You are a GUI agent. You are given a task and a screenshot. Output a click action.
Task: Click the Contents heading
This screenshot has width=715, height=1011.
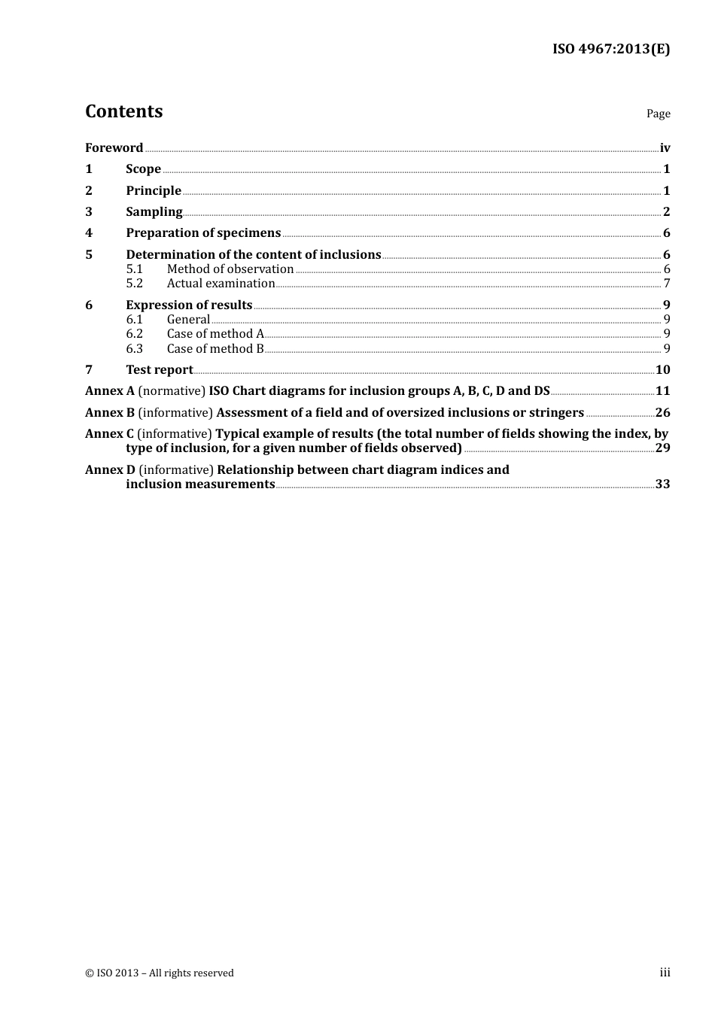(x=123, y=111)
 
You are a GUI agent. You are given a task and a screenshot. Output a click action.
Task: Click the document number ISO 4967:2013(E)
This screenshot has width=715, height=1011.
(x=610, y=49)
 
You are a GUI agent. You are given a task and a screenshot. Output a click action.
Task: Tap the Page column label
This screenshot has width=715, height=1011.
(x=658, y=114)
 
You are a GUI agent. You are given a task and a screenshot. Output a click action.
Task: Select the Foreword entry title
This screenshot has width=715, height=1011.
(x=114, y=147)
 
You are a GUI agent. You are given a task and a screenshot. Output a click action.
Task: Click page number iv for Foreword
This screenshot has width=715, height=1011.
(x=665, y=147)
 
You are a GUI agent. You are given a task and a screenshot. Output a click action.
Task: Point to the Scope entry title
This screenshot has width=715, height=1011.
(x=143, y=168)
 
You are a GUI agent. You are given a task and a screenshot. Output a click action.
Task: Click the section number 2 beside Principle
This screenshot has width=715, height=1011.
(x=89, y=190)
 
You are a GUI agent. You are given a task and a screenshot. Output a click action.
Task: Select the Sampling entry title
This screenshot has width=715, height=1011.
(x=154, y=211)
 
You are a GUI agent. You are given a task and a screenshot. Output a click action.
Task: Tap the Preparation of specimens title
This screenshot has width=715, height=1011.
(x=203, y=233)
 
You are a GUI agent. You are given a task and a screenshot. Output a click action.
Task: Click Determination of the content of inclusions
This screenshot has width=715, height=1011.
(x=253, y=254)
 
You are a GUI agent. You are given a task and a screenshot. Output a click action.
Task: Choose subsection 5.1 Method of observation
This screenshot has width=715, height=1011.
(x=230, y=269)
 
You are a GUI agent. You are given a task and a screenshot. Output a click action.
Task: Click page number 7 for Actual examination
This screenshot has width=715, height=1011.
(x=667, y=284)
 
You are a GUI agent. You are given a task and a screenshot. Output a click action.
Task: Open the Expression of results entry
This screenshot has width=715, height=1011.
(x=189, y=305)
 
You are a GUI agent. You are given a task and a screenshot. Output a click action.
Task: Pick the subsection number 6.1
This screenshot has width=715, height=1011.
(x=134, y=320)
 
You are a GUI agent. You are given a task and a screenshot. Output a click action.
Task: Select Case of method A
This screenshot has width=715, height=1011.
(x=215, y=334)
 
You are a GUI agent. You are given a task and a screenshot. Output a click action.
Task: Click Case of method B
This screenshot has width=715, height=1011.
(x=215, y=348)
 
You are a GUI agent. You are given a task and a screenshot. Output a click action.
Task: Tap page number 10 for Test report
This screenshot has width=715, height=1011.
(x=662, y=369)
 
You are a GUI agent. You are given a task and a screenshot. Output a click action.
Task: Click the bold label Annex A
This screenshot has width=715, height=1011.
(x=110, y=391)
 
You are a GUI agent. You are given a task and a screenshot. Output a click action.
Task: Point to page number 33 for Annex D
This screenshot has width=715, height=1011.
(x=662, y=484)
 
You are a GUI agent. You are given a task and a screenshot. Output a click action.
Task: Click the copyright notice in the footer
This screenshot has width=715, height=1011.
(x=160, y=973)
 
